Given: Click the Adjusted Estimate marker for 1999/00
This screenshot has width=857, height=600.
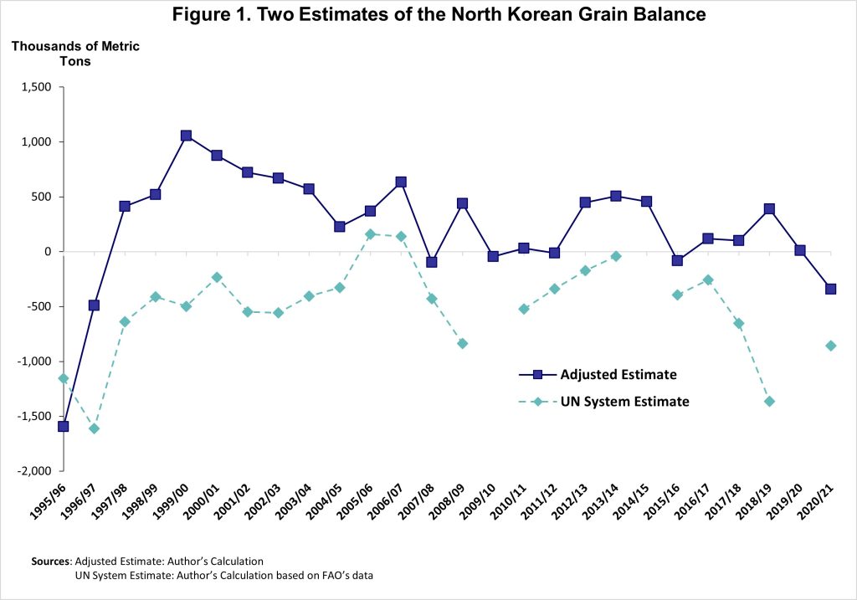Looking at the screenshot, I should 186,136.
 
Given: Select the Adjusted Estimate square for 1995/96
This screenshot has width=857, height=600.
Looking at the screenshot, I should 63,426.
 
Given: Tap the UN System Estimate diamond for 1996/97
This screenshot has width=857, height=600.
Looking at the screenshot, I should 94,428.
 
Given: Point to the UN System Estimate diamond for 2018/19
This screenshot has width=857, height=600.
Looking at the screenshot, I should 769,402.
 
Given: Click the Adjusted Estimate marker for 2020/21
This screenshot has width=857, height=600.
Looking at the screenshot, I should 830,289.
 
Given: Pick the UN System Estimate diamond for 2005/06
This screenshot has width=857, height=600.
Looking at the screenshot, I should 370,234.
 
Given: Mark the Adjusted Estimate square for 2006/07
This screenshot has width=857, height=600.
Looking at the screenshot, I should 401,182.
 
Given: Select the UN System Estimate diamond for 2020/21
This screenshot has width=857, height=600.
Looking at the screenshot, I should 830,346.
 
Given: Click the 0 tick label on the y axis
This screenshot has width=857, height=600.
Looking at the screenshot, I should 48,252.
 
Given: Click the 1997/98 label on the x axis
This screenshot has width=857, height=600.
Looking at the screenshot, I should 113,506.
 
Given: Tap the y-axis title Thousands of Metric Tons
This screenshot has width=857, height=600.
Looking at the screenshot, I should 75,53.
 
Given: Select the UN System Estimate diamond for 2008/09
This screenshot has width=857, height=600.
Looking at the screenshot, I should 462,344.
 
